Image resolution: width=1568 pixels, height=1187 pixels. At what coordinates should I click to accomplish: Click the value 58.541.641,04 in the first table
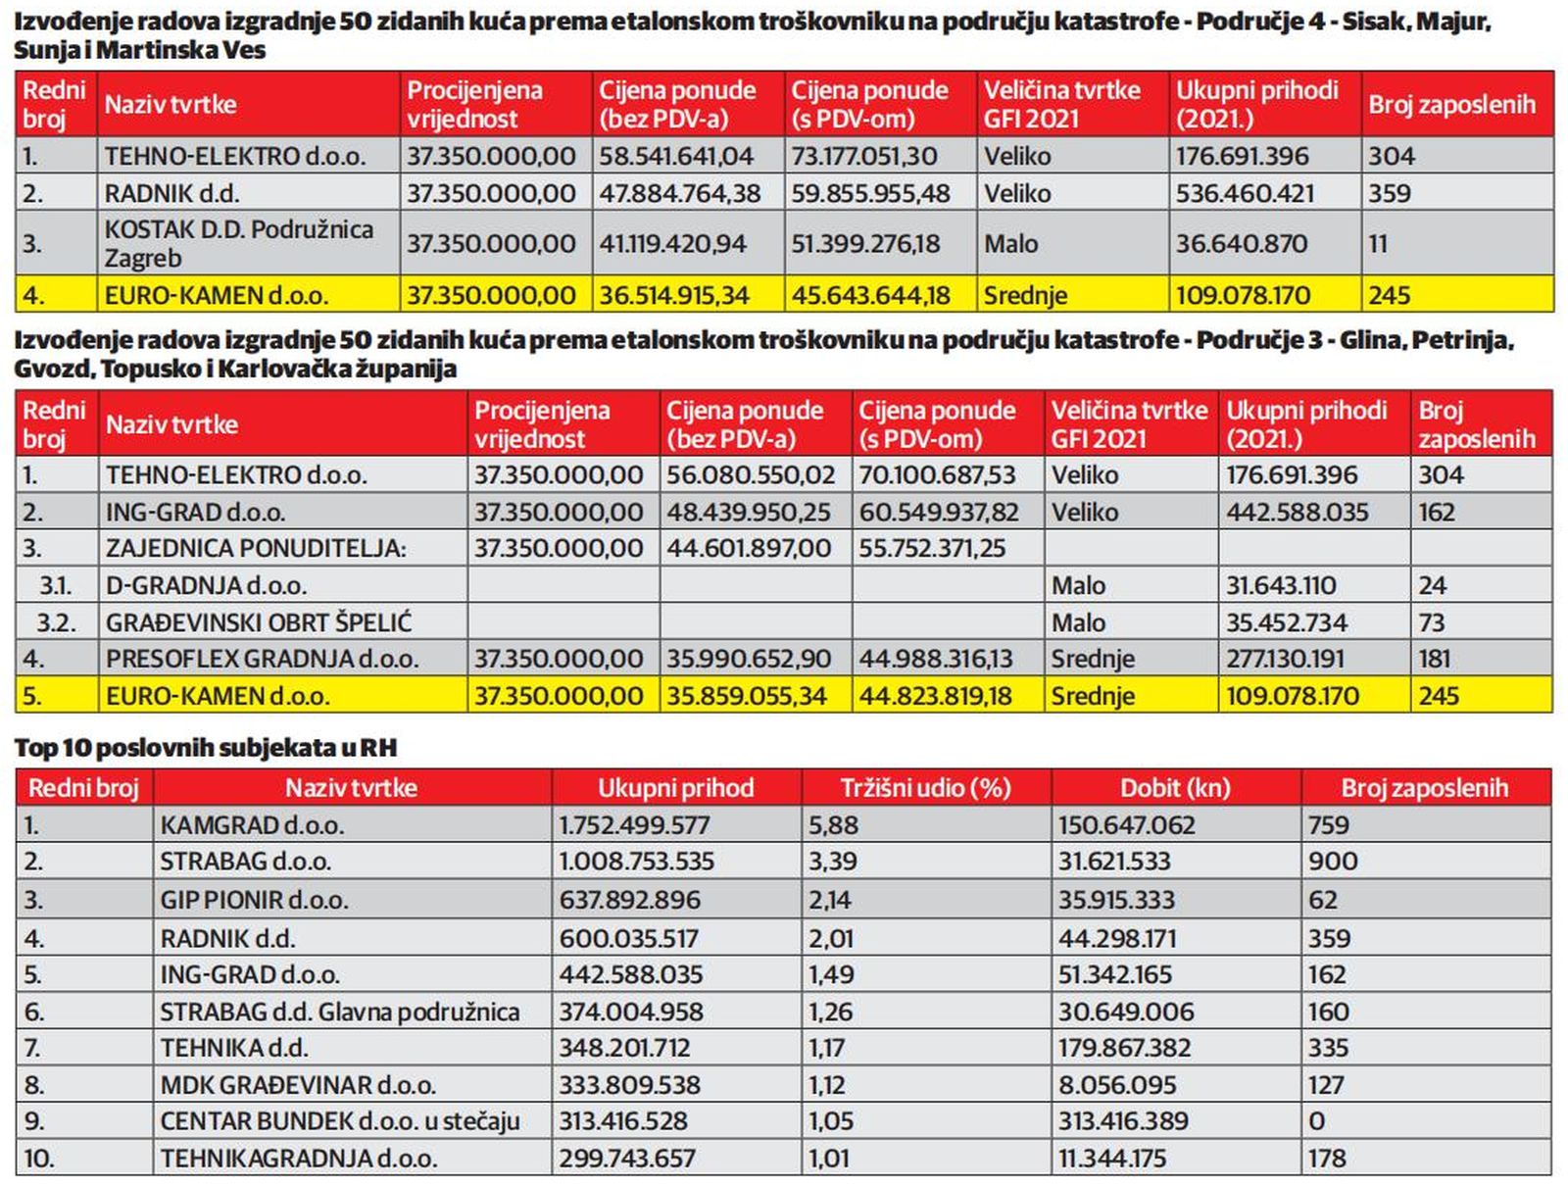coord(676,156)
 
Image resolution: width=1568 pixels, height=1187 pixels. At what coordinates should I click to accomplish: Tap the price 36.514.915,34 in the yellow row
coord(673,296)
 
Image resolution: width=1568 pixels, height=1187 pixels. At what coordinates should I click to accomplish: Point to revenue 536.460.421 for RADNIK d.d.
coord(1246,193)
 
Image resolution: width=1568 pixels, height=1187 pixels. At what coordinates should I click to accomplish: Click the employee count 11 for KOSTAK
coord(1377,243)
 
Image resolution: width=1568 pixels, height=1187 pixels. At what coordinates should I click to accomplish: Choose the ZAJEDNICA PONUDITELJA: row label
coord(256,549)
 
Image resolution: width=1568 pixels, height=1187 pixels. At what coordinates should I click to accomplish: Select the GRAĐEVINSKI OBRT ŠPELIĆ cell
coord(259,622)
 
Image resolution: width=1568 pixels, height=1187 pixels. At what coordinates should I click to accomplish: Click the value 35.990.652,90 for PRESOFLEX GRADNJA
coord(749,659)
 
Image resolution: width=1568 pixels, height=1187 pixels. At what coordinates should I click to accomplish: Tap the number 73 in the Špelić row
coord(1432,622)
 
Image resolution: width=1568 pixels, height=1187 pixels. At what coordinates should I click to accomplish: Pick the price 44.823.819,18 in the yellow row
coord(935,696)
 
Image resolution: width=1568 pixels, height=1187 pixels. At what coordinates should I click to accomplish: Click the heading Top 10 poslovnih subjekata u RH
coord(206,748)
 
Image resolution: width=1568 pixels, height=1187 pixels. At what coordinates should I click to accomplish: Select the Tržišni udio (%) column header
coord(926,788)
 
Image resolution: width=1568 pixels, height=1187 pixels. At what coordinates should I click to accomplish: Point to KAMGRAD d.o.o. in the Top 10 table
coord(252,825)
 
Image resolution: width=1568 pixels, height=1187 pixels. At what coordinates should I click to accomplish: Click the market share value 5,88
coord(834,825)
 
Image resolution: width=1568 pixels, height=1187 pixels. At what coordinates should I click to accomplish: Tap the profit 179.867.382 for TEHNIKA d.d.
coord(1124,1048)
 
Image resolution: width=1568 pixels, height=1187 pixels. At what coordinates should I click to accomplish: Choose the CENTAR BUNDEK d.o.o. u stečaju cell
coord(339,1121)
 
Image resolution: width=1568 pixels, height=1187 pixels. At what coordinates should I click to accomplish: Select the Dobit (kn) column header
coord(1176,788)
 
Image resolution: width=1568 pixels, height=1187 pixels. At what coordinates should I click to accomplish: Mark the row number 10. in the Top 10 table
coord(39,1159)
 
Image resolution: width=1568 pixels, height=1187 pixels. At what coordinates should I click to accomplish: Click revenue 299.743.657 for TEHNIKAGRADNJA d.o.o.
coord(627,1159)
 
